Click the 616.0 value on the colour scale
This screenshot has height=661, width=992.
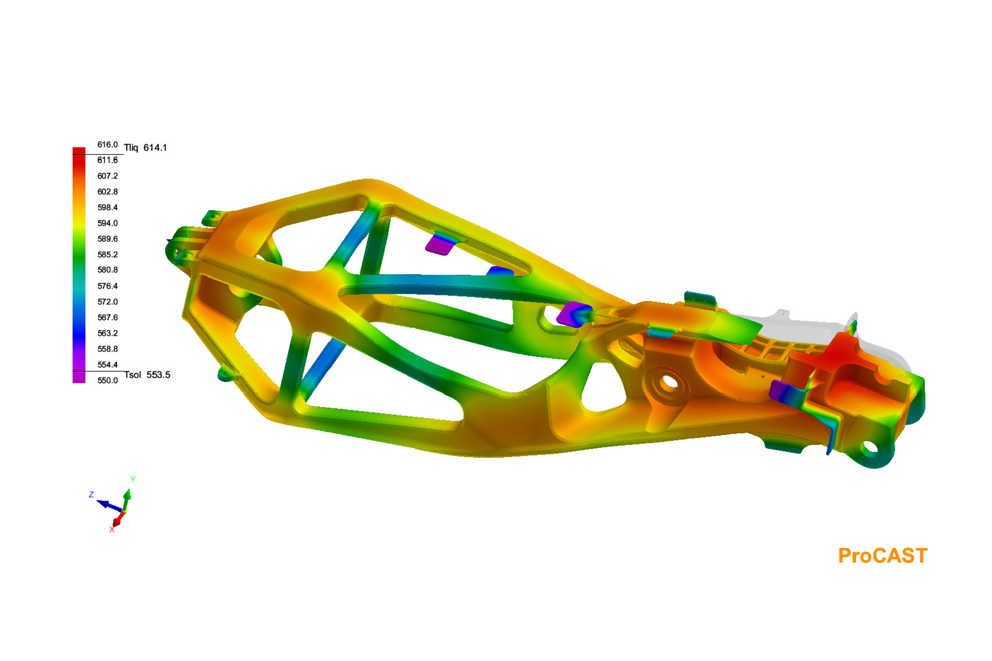point(107,145)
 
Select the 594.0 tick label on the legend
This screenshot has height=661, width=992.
point(107,223)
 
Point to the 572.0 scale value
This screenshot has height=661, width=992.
point(107,302)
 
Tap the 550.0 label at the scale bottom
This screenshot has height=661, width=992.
point(107,381)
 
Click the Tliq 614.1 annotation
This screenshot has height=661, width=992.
point(145,148)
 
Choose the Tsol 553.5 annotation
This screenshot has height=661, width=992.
point(147,375)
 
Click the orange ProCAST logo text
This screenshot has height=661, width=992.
point(882,556)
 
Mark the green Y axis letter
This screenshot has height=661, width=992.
point(133,479)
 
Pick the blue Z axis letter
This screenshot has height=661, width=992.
point(91,495)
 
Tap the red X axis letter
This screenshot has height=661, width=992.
point(112,530)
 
